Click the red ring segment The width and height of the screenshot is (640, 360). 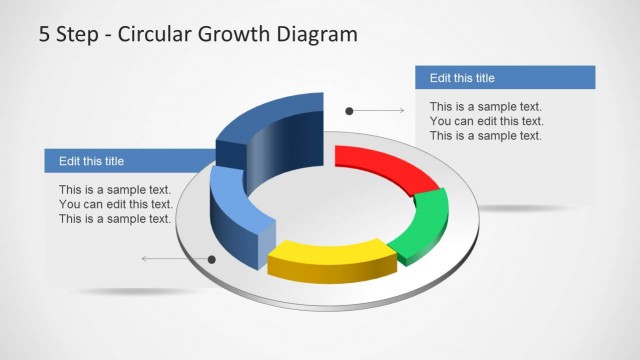385,164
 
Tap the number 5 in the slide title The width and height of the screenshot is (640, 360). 45,34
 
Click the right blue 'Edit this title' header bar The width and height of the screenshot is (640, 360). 505,77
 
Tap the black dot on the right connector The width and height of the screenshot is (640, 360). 349,110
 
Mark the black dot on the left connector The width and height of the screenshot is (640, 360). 212,259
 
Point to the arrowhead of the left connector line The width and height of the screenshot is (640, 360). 145,259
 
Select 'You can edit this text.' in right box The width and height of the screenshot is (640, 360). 486,121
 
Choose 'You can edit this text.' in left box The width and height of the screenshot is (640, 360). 115,204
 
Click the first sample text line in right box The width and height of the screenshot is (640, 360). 486,106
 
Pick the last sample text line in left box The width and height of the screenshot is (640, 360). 115,219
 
